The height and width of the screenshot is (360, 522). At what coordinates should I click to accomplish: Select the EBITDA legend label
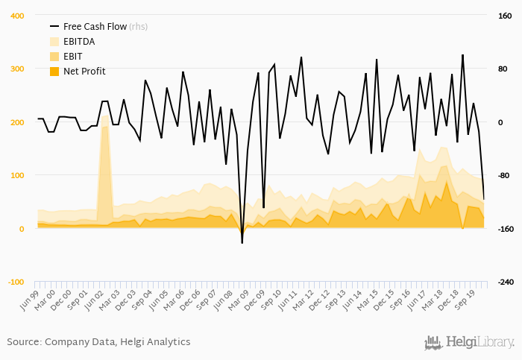79,42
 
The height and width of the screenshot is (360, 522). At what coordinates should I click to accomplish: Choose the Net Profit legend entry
84,72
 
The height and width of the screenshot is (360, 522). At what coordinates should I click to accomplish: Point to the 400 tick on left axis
17,16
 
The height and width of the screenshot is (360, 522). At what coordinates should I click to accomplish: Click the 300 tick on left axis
17,69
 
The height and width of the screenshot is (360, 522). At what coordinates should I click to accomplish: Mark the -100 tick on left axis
16,282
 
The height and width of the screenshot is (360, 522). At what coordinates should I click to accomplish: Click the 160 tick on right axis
504,16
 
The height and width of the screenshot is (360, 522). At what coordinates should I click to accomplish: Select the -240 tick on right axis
504,282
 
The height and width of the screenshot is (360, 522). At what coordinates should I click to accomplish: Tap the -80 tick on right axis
504,176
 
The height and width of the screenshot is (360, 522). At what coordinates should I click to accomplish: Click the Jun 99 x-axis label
28,297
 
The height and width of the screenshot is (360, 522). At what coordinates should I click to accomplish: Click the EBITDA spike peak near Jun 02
105,115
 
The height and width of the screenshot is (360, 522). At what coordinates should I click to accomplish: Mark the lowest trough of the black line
242,243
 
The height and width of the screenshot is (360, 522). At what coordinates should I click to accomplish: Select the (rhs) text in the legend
139,27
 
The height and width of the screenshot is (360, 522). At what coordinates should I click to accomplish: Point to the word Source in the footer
23,341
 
